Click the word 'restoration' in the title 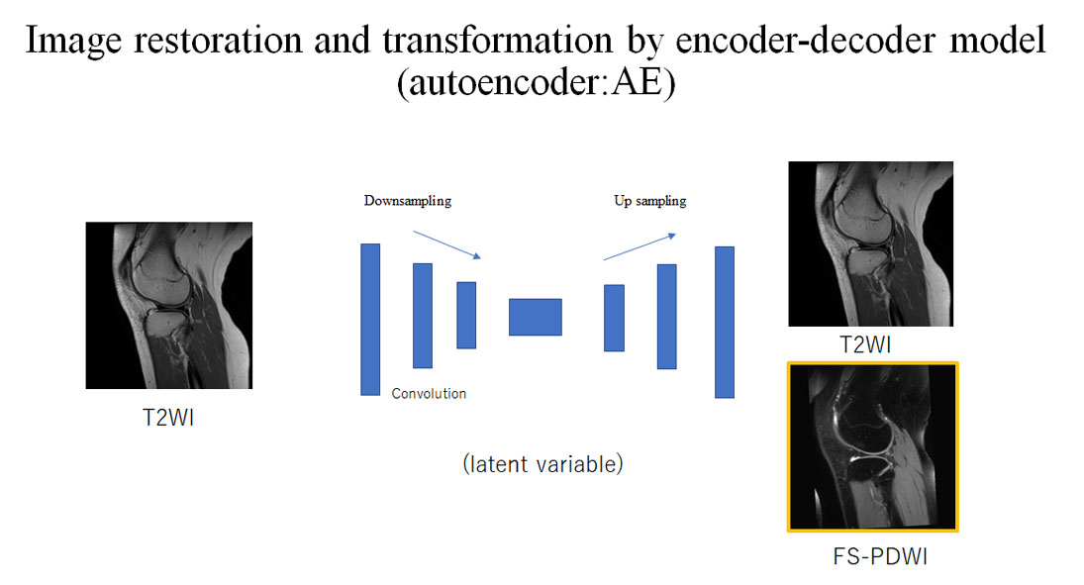[218, 41]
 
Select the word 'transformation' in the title [497, 41]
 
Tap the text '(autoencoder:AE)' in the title [536, 83]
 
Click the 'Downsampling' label [408, 201]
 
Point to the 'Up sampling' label [649, 201]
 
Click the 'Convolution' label [429, 393]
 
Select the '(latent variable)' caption [542, 464]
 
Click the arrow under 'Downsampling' [446, 244]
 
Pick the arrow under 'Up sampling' [640, 246]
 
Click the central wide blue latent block [536, 317]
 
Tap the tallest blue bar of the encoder [370, 320]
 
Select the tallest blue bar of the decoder [725, 323]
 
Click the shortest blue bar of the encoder [466, 315]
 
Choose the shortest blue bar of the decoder [614, 318]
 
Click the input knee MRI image [168, 305]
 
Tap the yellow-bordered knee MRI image [872, 446]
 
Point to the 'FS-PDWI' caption [879, 556]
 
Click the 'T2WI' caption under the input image [168, 418]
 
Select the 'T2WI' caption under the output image [865, 344]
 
